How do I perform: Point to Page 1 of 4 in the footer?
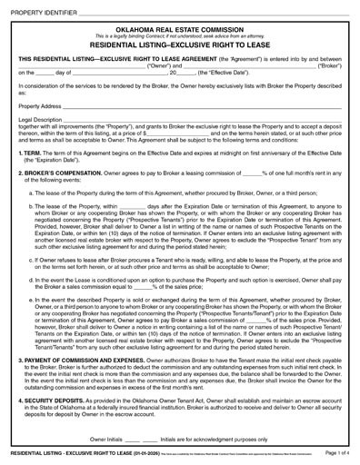click(x=337, y=454)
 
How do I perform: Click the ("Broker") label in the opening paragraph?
click(x=333, y=66)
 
